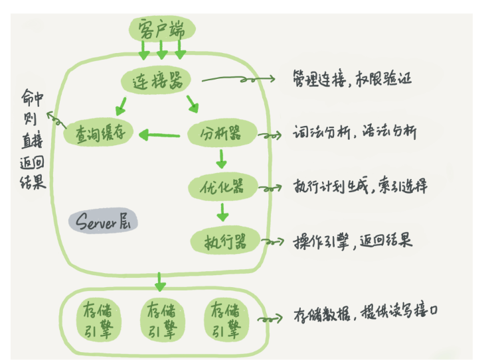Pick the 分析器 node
tap(222, 133)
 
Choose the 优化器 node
tap(222, 186)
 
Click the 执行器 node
tap(224, 240)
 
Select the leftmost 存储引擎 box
tap(93, 321)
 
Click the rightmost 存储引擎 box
tap(227, 321)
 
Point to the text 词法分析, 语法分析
tap(355, 132)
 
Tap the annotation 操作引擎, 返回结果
tap(352, 240)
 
